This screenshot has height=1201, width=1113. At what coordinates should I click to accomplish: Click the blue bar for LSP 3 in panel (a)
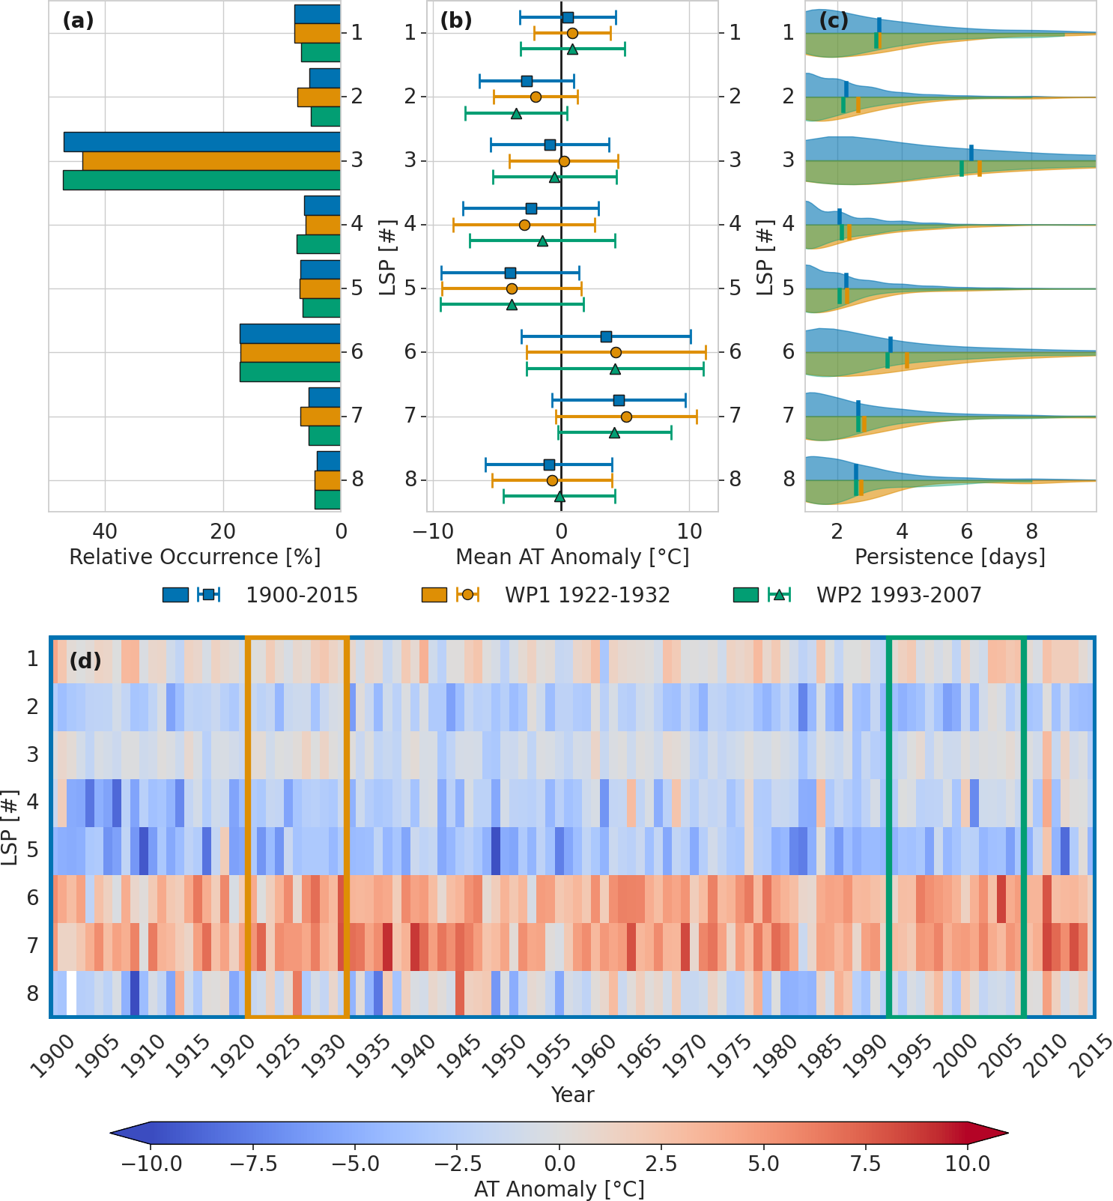pyautogui.click(x=202, y=142)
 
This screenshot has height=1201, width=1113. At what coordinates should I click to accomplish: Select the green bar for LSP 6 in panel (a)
pyautogui.click(x=290, y=372)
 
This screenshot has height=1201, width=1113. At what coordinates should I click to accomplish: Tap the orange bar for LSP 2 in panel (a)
pyautogui.click(x=319, y=97)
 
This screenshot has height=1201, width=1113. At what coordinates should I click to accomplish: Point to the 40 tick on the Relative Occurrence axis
pyautogui.click(x=105, y=532)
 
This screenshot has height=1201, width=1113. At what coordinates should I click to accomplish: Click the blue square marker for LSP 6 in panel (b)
pyautogui.click(x=606, y=336)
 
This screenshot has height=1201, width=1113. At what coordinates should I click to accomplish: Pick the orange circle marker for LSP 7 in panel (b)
pyautogui.click(x=626, y=417)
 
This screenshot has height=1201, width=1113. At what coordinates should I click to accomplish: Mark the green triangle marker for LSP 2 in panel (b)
pyautogui.click(x=516, y=114)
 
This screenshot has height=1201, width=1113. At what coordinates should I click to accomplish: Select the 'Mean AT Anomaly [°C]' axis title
pyautogui.click(x=572, y=557)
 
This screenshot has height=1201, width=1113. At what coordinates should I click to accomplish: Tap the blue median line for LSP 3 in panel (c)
pyautogui.click(x=971, y=152)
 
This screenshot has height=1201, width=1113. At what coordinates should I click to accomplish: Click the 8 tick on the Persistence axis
pyautogui.click(x=1032, y=532)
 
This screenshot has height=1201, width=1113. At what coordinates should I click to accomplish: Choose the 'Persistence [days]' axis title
pyautogui.click(x=950, y=557)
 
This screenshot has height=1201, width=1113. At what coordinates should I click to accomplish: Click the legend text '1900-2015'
pyautogui.click(x=302, y=596)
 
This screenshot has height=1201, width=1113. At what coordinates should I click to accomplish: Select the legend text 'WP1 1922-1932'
pyautogui.click(x=587, y=596)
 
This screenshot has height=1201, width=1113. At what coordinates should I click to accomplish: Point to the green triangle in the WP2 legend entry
pyautogui.click(x=779, y=595)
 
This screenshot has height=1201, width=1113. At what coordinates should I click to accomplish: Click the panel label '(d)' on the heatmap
pyautogui.click(x=85, y=661)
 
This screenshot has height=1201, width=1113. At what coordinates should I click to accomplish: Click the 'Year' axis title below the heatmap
pyautogui.click(x=572, y=1095)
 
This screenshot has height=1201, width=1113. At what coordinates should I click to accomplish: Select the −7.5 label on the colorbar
pyautogui.click(x=253, y=1164)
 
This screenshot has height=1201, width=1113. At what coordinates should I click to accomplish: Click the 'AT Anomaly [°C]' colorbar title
pyautogui.click(x=559, y=1189)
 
